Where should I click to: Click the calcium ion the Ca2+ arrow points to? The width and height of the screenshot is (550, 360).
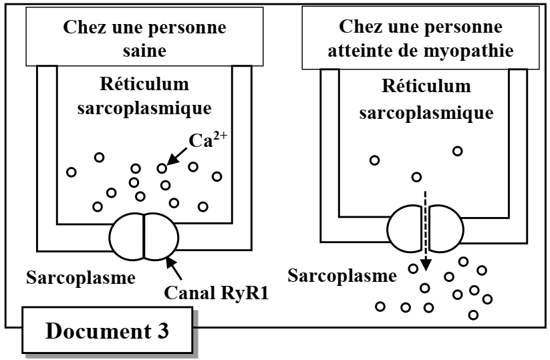162,168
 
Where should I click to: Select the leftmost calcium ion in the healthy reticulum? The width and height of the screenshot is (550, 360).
71,172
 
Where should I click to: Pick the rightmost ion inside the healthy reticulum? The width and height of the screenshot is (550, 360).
216,176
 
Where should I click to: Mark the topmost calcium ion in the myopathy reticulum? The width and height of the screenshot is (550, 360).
458,151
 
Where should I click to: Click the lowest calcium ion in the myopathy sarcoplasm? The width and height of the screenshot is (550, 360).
473,314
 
